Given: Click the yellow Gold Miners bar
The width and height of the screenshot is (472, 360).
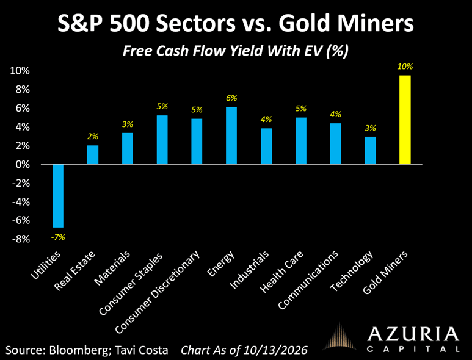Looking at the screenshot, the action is pos(405,120).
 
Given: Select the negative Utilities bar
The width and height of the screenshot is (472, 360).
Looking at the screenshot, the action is pos(58,196).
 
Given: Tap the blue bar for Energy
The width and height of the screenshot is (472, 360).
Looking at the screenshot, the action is pos(231,135).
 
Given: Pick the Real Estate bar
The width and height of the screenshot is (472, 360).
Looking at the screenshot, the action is pos(93,154).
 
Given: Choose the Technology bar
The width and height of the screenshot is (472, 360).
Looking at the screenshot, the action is pos(370,150).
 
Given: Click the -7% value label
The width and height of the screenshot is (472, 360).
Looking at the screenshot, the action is pos(58,237).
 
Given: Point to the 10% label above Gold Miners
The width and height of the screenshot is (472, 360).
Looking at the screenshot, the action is pos(405,67).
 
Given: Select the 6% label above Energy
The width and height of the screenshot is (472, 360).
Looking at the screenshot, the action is pos(231,98).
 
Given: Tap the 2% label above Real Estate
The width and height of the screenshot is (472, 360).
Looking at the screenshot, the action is pos(93,137).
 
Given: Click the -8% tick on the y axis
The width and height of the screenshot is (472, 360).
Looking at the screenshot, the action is pos(21,239).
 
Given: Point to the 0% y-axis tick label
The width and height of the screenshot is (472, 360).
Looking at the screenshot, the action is pos(23,165).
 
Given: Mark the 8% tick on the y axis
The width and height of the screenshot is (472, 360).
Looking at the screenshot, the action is pos(23,90).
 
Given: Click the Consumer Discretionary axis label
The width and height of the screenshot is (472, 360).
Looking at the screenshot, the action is pos(157,292).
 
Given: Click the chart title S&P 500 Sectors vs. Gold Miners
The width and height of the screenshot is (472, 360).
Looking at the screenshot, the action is pos(236,23).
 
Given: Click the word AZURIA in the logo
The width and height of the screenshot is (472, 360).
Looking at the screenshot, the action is pos(413,335).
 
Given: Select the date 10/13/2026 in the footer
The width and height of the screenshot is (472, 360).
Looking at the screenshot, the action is pos(276,350).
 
